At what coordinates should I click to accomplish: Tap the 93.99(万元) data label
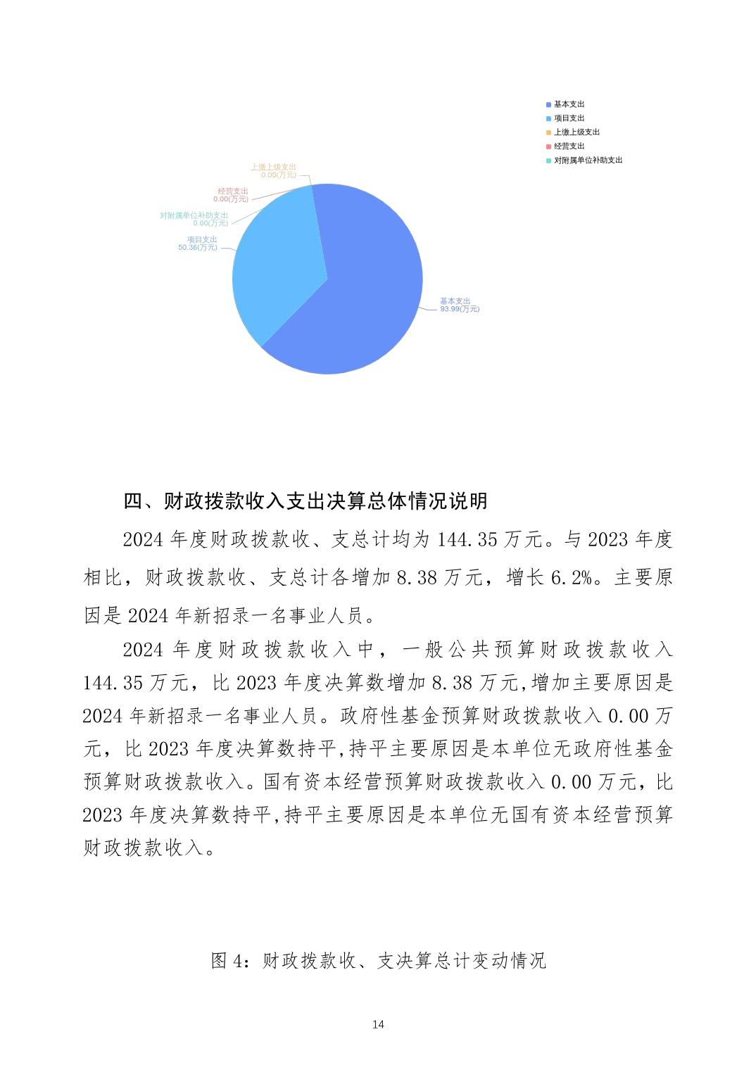(460, 309)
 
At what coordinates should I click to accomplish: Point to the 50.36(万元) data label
(198, 248)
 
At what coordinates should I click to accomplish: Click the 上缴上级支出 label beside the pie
(273, 167)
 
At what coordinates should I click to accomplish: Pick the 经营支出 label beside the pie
(233, 191)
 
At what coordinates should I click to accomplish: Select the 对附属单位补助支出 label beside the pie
(194, 215)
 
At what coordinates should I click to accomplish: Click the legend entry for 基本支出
(569, 104)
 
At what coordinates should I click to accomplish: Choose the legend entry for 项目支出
(569, 118)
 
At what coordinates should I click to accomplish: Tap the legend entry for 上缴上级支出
(577, 132)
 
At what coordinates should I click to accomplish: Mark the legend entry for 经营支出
(569, 146)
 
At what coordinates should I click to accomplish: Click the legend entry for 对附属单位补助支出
(588, 160)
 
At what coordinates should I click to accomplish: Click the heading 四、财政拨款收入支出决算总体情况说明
(305, 501)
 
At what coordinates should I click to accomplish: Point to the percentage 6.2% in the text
(571, 578)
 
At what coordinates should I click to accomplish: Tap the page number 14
(378, 1024)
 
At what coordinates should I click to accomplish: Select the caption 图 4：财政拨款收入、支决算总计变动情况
(378, 960)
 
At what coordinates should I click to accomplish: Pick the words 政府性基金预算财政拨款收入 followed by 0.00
(470, 716)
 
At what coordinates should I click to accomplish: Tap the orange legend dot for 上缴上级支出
(548, 132)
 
